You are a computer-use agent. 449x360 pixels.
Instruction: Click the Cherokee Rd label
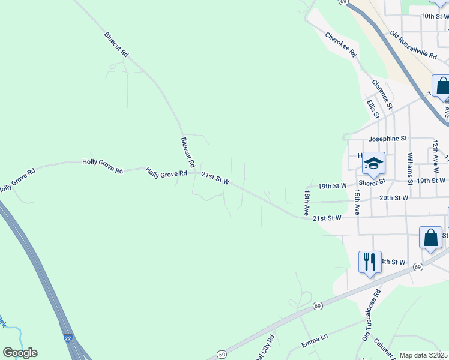[341, 44]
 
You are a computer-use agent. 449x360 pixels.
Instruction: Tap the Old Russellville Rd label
[413, 45]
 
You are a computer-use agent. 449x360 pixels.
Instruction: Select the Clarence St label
[382, 94]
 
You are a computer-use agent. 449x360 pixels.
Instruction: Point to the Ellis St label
[373, 109]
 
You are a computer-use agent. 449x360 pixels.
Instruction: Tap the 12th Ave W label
[435, 153]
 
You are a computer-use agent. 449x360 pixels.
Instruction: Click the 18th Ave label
[306, 203]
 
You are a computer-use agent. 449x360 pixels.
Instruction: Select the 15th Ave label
[357, 202]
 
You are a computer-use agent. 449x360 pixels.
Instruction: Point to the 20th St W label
[394, 197]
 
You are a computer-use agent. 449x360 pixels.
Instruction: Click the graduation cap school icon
[373, 163]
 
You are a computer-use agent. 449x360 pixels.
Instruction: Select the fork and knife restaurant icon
[370, 261]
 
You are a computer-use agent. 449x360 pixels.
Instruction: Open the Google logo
[20, 353]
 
